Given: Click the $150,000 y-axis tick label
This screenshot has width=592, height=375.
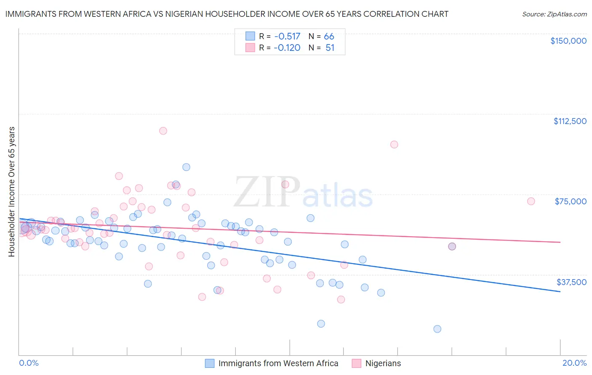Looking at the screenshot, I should pos(568,41).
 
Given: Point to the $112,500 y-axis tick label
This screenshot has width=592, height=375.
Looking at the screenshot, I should pos(570,121).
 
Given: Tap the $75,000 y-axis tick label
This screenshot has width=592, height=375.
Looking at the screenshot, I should pos(570,201).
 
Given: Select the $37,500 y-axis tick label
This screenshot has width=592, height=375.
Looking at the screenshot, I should pos(571,282).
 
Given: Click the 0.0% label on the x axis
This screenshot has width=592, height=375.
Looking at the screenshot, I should pos(29,363).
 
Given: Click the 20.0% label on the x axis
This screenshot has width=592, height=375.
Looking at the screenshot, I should pos(574,363).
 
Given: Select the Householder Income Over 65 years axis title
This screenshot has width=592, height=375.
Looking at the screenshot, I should pos(12,191).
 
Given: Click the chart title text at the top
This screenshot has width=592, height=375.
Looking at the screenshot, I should pos(227,14).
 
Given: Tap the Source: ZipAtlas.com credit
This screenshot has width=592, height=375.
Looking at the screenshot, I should pos(554,14).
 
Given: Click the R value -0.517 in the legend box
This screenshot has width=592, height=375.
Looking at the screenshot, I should pos(287,36).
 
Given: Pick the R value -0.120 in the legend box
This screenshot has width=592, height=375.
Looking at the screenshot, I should pos(287,48).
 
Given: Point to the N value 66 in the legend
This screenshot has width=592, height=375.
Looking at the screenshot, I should pos(329,36).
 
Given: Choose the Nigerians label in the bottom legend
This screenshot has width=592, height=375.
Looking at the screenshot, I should pos(383,363).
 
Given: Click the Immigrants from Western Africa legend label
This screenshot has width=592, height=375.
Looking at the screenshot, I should pos(278,363).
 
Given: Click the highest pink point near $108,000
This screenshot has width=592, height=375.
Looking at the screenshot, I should pos(163,131).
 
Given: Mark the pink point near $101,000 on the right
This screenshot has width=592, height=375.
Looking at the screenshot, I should pos(394,145).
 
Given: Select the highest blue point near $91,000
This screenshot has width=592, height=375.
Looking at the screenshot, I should pos(186,167).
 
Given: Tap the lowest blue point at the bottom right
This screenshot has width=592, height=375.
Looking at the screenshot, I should pos(437,329).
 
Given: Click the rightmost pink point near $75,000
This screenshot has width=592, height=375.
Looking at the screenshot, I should pos(531,201).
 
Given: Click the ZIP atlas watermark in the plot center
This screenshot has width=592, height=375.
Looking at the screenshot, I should pos(303,192).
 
